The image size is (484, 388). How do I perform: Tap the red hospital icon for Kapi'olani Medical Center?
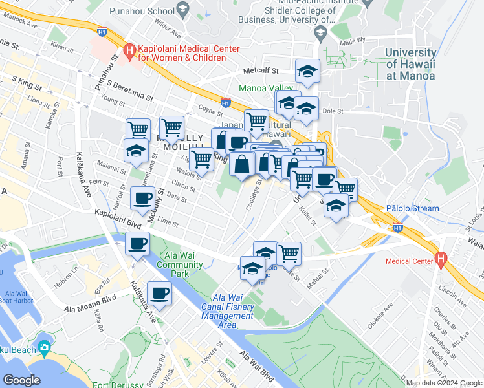pyautogui.click(x=128, y=49)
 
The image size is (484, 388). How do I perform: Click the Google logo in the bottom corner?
pyautogui.click(x=21, y=380)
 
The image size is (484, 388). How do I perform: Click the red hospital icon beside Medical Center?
pyautogui.click(x=441, y=260)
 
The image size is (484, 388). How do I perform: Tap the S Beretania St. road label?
pyautogui.click(x=130, y=91)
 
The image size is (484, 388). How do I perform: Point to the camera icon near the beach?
pyautogui.click(x=44, y=348)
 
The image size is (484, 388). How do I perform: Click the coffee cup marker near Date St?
pyautogui.click(x=142, y=198)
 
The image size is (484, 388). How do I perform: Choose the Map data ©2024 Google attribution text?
pyautogui.click(x=445, y=383)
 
